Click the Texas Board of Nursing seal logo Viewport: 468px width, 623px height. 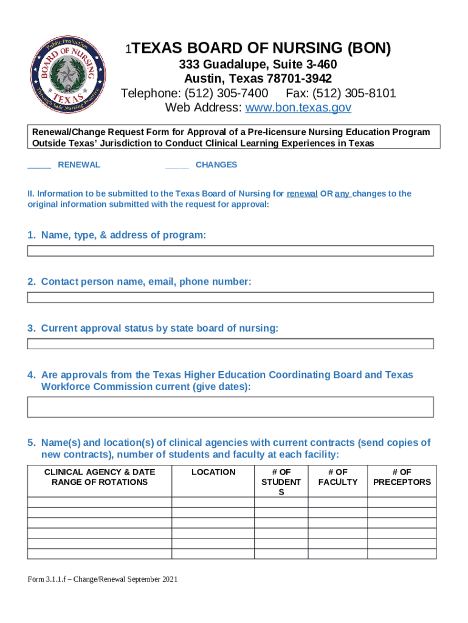click(x=68, y=76)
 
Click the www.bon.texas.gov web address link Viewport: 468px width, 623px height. click(x=298, y=108)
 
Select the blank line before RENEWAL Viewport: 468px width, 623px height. click(x=40, y=165)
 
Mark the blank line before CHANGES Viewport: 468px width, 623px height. click(x=176, y=165)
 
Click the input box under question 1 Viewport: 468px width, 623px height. click(x=230, y=251)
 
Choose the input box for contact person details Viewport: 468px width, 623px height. click(x=230, y=298)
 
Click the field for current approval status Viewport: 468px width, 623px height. click(x=230, y=344)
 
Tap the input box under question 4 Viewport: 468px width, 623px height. click(x=230, y=407)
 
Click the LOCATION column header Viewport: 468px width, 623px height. click(x=213, y=472)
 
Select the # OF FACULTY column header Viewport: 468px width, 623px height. click(x=337, y=477)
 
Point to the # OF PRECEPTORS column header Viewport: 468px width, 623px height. click(x=402, y=477)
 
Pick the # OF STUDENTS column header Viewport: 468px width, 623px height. click(x=281, y=482)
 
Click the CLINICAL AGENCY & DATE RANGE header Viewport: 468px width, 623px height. click(x=100, y=477)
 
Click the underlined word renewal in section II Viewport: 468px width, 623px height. click(x=302, y=194)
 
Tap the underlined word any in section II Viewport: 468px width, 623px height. click(x=342, y=194)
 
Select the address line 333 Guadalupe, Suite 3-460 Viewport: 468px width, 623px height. click(x=258, y=65)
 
